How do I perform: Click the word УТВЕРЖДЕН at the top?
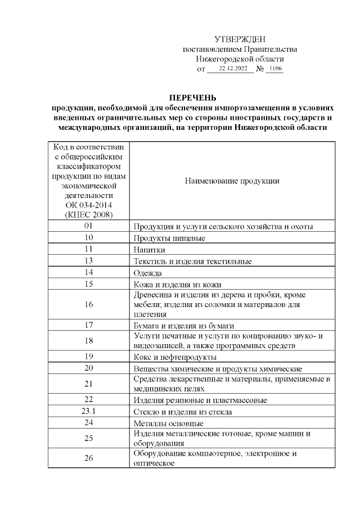[240, 39]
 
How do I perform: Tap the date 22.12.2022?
[233, 69]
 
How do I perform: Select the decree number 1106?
[275, 69]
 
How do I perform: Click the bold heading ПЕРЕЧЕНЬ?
[193, 97]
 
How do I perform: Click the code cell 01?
[88, 226]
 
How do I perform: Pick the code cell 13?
[88, 261]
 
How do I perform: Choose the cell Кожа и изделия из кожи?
[177, 285]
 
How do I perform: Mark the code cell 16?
[88, 305]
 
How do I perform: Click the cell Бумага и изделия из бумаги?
[183, 325]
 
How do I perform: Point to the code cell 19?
[88, 356]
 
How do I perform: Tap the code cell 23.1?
[88, 411]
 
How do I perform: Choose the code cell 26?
[88, 458]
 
